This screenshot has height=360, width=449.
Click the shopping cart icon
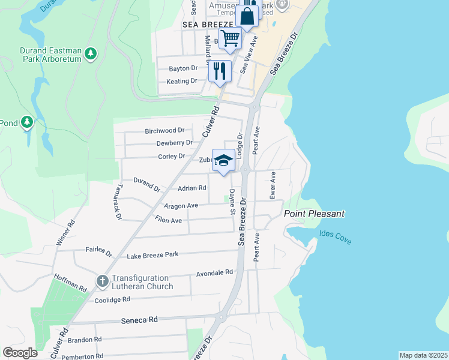tap(230, 38)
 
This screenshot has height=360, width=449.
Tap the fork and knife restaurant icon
tap(220, 71)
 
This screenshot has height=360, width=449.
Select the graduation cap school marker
tap(224, 160)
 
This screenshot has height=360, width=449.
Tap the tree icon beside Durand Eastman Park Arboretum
tap(91, 54)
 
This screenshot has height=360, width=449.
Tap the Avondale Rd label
tap(214, 273)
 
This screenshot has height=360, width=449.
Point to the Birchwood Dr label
tap(164, 130)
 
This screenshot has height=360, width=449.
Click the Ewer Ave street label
tap(273, 185)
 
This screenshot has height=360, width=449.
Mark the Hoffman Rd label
tap(71, 282)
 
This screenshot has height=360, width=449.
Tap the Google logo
tap(20, 352)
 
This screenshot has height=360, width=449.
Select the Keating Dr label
tap(182, 81)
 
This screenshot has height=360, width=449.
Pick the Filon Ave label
tap(168, 220)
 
